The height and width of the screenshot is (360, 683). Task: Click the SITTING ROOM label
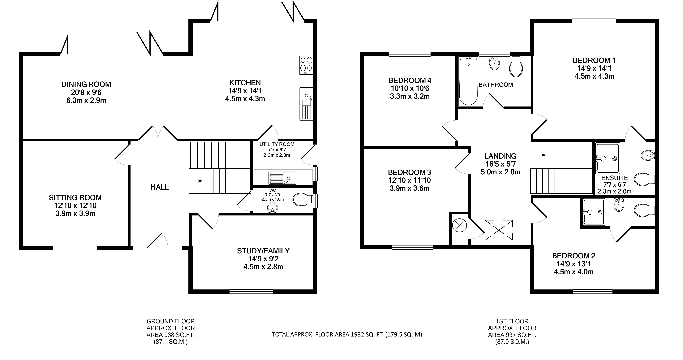[x=75, y=198]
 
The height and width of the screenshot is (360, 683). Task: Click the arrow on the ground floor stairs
[x=197, y=181]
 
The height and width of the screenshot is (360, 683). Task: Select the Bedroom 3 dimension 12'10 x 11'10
[x=410, y=180]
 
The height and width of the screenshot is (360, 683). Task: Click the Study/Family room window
[x=251, y=292]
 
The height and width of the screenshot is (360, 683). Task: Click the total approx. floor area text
[x=347, y=335]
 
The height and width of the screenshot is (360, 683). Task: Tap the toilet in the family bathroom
[x=516, y=66]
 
